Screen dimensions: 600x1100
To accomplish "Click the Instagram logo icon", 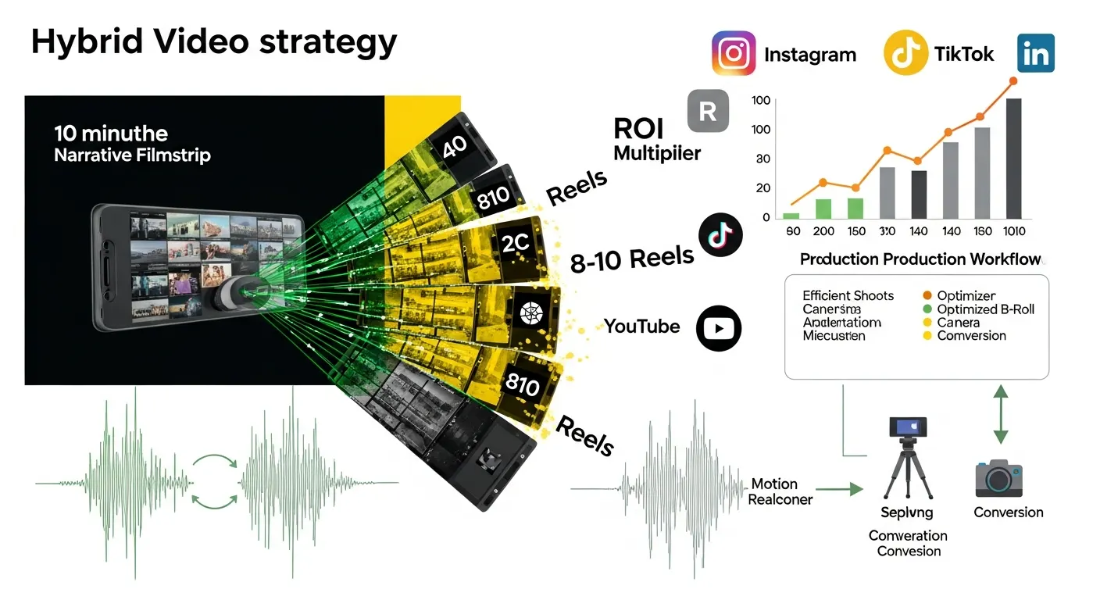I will (x=734, y=53).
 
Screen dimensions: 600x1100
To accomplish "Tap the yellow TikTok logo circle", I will (x=905, y=53).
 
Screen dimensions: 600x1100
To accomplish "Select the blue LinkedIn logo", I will (x=1036, y=53).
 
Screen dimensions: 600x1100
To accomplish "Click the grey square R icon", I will (x=707, y=110).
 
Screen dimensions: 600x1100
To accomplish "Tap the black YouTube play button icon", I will (x=717, y=327).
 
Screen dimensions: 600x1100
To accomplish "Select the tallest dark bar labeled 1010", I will (x=1012, y=158).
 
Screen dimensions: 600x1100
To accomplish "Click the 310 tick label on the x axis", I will (x=887, y=231).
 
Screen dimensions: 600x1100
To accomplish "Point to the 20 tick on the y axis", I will (x=762, y=188).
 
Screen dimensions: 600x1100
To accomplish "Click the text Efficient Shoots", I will (x=848, y=296).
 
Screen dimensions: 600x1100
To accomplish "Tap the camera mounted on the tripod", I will (x=908, y=427).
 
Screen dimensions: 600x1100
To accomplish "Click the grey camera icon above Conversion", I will (x=998, y=478).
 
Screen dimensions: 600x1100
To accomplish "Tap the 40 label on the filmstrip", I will (x=455, y=148).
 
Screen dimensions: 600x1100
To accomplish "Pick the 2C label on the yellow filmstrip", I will (x=516, y=243).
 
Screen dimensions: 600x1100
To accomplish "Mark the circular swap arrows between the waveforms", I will (x=215, y=483).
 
